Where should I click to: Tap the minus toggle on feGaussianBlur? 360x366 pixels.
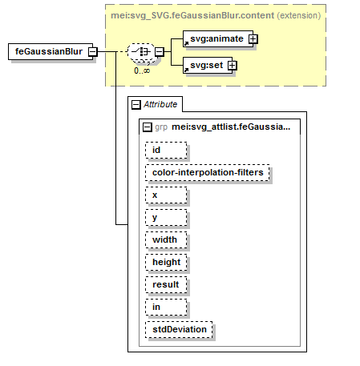click(93, 51)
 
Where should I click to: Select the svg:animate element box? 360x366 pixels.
click(218, 39)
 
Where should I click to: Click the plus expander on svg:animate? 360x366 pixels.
click(253, 39)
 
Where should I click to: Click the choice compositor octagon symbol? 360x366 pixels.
click(141, 51)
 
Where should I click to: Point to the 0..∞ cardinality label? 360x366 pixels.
click(142, 70)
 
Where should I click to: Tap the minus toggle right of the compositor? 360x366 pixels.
click(160, 51)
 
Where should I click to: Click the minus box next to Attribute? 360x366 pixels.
click(136, 104)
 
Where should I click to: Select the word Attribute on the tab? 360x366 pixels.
click(160, 104)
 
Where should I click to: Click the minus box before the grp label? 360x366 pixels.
click(147, 127)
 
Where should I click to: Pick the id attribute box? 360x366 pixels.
click(166, 150)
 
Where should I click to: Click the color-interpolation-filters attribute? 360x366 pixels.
click(208, 172)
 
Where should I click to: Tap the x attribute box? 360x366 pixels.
click(166, 195)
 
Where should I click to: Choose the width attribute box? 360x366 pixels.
click(166, 239)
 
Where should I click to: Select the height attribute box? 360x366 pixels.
click(166, 262)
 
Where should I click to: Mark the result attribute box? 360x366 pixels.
click(166, 284)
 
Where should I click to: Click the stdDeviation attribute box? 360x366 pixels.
click(179, 329)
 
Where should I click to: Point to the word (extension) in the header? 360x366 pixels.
click(299, 15)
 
